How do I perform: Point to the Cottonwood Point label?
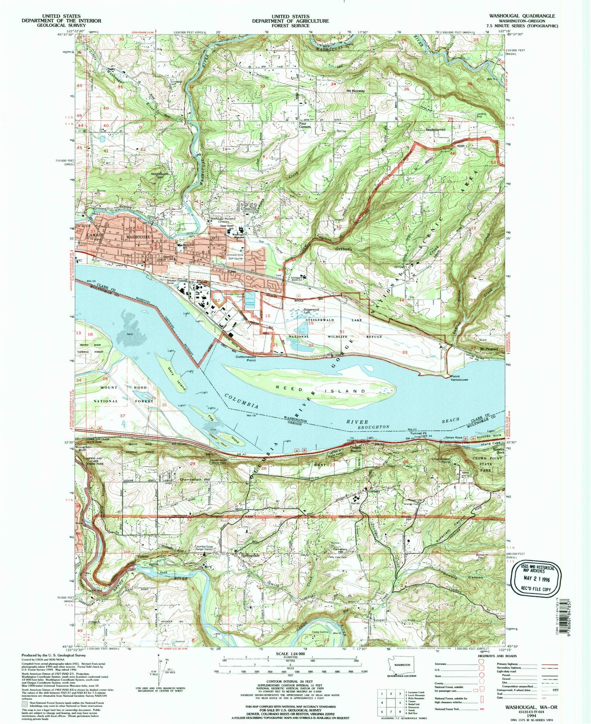pyautogui.click(x=246, y=358)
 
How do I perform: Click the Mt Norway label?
pyautogui.click(x=355, y=91)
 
